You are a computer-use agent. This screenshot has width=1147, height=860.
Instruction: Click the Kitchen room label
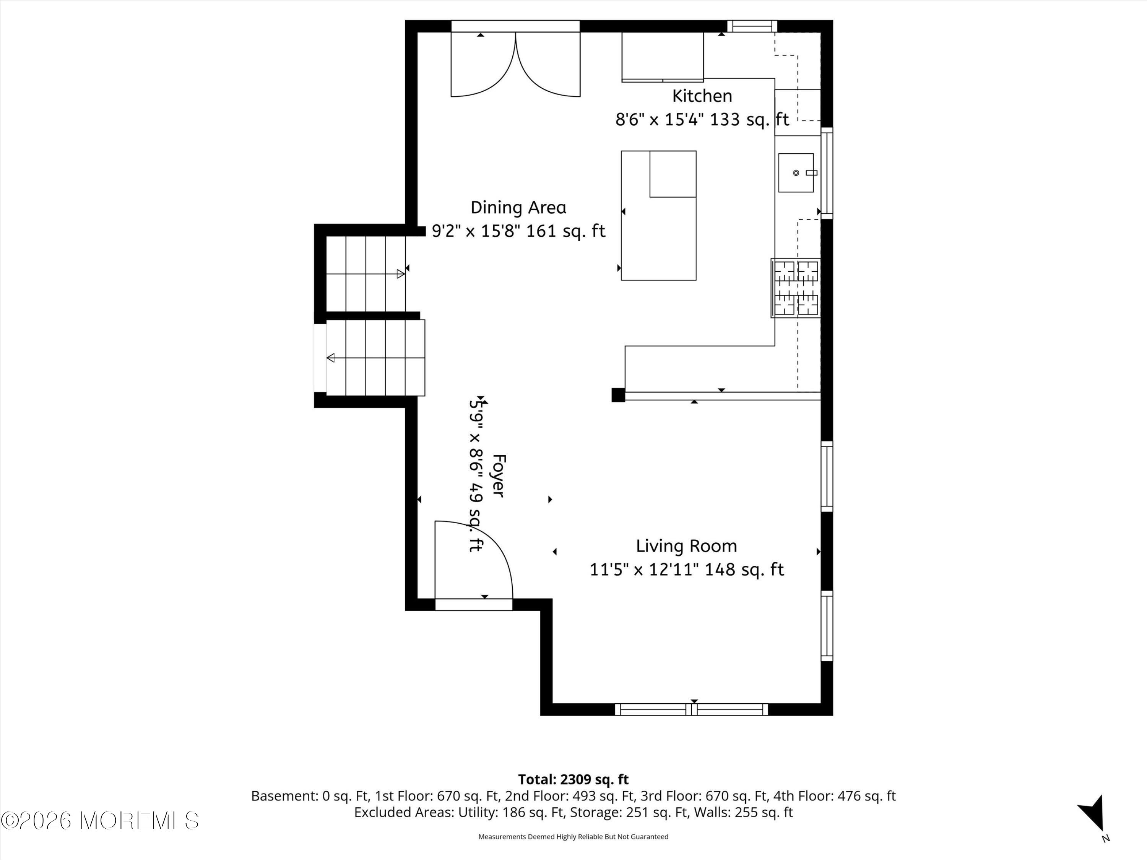(702, 96)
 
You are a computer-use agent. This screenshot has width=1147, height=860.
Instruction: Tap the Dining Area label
(518, 207)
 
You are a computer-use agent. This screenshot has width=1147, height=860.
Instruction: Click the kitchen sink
(796, 173)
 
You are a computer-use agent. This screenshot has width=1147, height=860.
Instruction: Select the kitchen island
(658, 216)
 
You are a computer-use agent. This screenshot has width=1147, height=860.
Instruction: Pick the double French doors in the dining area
(515, 64)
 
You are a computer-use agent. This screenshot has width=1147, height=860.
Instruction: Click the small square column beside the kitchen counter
(618, 395)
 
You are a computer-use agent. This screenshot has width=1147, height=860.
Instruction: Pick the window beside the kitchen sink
(827, 173)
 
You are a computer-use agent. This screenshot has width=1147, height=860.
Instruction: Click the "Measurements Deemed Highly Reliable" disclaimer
(573, 836)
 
